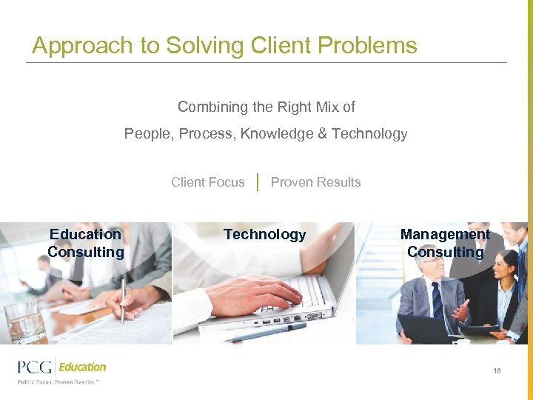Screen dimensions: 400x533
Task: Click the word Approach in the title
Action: point(73,46)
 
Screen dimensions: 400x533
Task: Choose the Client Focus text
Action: point(207,182)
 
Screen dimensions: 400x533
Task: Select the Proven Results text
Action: point(315,182)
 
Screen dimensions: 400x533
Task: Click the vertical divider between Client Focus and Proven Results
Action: point(257,182)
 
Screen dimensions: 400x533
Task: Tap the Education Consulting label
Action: point(85,243)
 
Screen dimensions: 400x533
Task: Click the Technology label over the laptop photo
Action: point(264,234)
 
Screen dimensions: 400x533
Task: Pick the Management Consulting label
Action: point(445,243)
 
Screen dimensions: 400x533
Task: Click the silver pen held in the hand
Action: point(123,300)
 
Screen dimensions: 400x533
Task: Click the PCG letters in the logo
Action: point(35,367)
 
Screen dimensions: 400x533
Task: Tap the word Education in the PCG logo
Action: point(83,367)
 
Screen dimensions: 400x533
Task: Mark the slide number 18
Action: point(497,370)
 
